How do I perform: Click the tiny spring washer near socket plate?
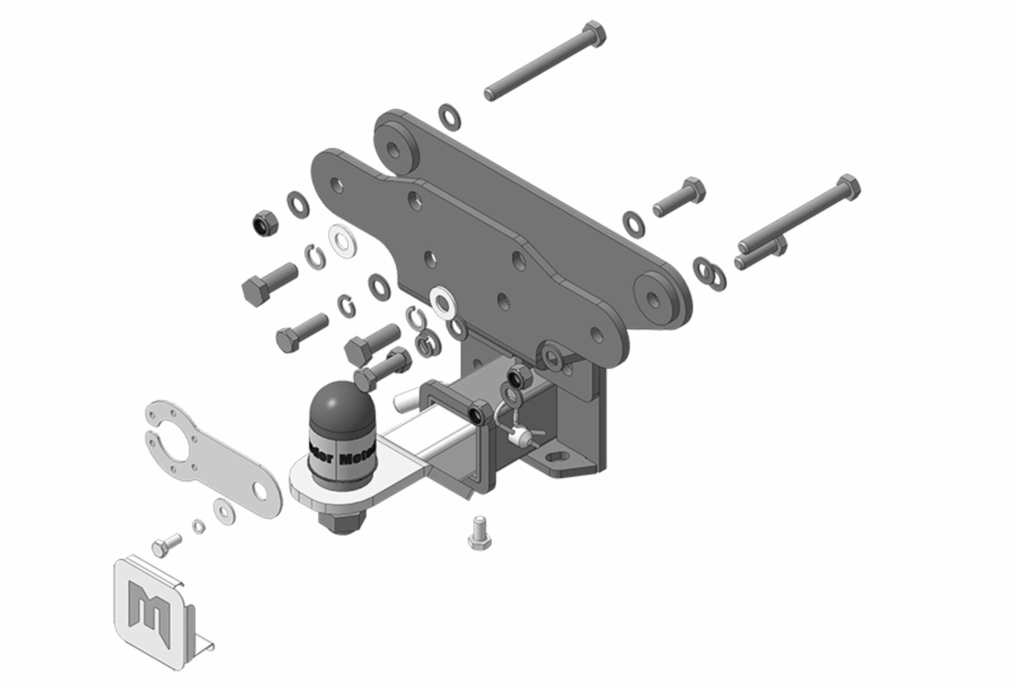pyautogui.click(x=199, y=527)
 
